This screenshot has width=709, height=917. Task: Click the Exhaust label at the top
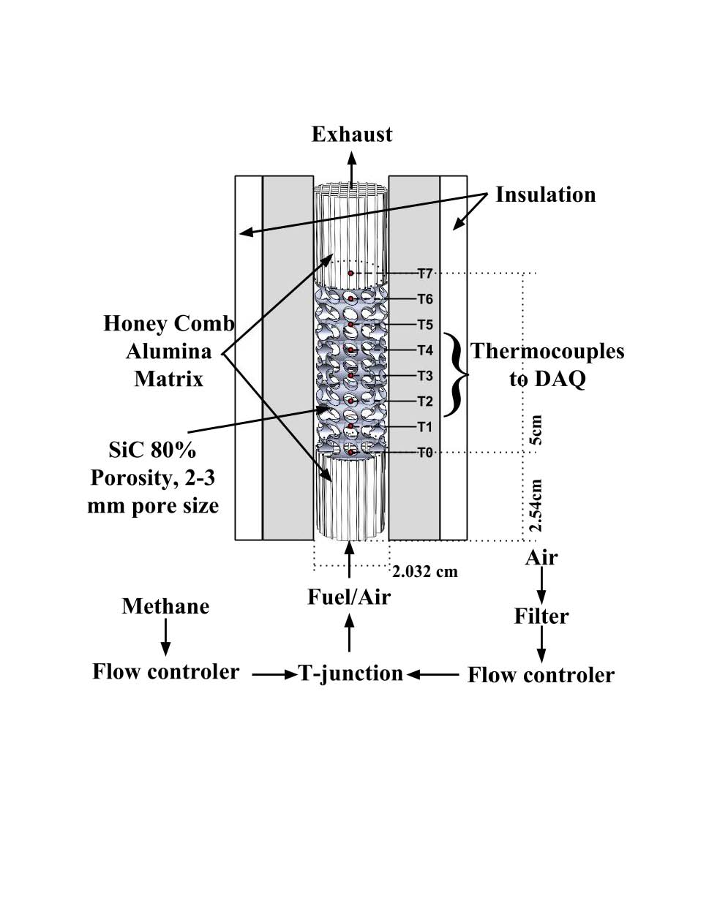click(352, 135)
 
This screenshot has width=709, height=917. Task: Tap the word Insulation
click(545, 195)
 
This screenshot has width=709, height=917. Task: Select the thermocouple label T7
click(425, 273)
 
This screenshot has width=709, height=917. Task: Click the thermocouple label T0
click(425, 453)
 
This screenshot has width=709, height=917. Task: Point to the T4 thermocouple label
click(425, 350)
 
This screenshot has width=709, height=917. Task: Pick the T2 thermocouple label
click(425, 401)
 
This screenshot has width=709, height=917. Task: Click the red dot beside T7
click(351, 273)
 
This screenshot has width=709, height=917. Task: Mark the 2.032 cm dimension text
click(425, 571)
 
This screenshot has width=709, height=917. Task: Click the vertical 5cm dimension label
click(536, 430)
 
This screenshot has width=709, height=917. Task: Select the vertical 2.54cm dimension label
click(536, 505)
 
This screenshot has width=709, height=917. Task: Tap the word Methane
click(165, 606)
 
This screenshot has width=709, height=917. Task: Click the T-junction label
click(350, 673)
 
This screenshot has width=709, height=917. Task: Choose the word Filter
click(541, 616)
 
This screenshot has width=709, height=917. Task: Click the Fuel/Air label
click(349, 597)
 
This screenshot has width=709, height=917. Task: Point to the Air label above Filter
click(541, 558)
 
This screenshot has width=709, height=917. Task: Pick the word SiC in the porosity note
click(125, 449)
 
